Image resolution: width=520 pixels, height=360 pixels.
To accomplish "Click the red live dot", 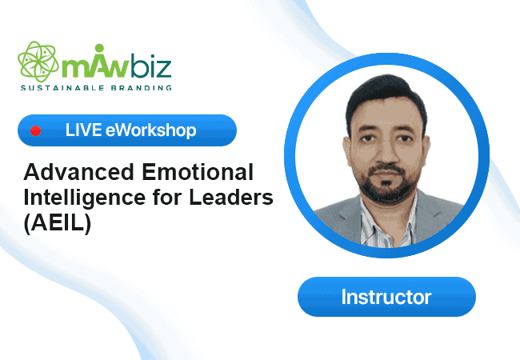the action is pyautogui.click(x=36, y=131).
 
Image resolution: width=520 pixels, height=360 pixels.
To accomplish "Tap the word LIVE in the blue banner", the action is pyautogui.click(x=83, y=130).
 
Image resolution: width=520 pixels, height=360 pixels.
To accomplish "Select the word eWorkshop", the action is pyautogui.click(x=151, y=130).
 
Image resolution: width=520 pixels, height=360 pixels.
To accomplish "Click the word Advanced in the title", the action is pyautogui.click(x=78, y=172).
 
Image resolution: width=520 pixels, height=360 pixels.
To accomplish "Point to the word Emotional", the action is pyautogui.click(x=198, y=172).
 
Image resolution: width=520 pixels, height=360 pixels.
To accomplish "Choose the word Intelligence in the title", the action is pyautogui.click(x=85, y=198).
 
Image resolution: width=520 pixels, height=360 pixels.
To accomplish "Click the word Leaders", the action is pyautogui.click(x=231, y=198).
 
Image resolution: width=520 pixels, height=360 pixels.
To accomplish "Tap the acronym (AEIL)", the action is pyautogui.click(x=58, y=224).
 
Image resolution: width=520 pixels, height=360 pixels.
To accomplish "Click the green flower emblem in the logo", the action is pyautogui.click(x=38, y=62).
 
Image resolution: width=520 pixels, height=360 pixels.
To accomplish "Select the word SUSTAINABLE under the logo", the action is pyautogui.click(x=62, y=88).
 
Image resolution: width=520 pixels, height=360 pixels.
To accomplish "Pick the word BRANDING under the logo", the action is pyautogui.click(x=142, y=88).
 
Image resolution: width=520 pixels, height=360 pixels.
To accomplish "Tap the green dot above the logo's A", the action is pyautogui.click(x=99, y=48).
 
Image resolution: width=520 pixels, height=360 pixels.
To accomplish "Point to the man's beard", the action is pyautogui.click(x=387, y=182).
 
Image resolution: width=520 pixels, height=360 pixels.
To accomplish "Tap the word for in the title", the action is pyautogui.click(x=167, y=198).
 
